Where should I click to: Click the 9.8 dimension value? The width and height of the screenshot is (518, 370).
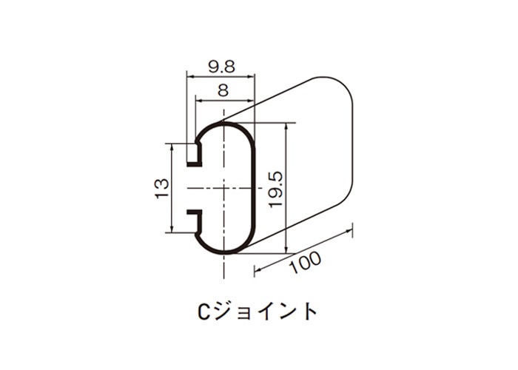(x=221, y=67)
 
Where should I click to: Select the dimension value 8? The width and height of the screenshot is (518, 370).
(x=223, y=90)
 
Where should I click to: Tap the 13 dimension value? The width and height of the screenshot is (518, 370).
(x=162, y=188)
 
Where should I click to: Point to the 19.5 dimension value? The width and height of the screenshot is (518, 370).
(x=276, y=189)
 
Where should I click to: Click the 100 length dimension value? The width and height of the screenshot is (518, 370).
(x=305, y=263)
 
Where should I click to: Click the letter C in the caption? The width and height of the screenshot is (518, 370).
(x=203, y=312)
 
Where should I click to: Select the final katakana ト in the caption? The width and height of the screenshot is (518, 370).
(x=309, y=312)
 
